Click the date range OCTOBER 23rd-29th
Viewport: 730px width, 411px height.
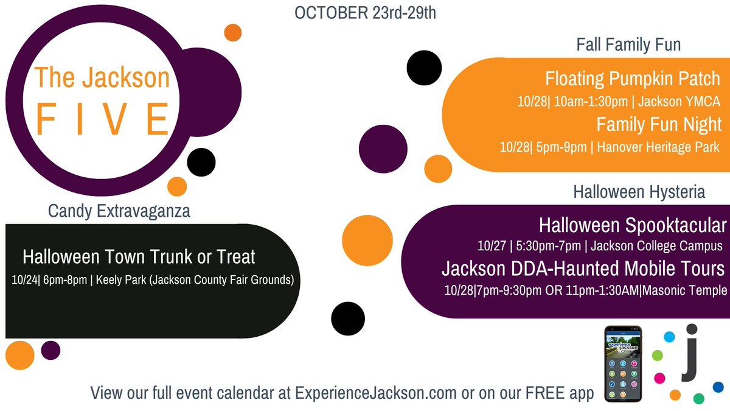pos(365,13)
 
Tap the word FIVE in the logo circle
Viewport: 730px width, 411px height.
pos(102,118)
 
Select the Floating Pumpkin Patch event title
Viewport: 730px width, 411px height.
pos(633,79)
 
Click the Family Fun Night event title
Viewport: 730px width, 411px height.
pos(659,124)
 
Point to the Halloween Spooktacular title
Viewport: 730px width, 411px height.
pos(633,225)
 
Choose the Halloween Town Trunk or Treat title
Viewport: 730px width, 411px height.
pos(139,256)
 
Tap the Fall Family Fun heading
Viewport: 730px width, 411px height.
pos(628,44)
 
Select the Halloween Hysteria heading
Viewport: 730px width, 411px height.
pos(639,192)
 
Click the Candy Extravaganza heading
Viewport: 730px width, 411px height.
pos(119,211)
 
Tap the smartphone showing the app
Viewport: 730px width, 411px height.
pos(623,364)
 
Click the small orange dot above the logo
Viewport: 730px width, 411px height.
pos(232,32)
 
